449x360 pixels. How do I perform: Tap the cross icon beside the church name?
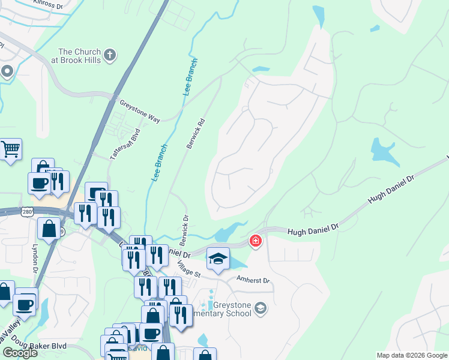pos(109,56)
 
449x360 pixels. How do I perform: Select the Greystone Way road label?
pos(139,111)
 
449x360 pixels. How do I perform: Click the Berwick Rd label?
pos(195,133)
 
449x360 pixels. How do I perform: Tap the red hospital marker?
pos(256,241)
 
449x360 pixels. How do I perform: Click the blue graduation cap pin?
pos(218,259)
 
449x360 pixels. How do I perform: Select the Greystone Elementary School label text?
pos(228,308)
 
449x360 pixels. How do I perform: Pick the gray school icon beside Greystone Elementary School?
pos(260,308)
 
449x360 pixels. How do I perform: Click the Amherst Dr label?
pos(254,280)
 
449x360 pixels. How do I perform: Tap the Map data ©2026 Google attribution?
pos(412,355)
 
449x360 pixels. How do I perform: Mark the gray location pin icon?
pos(7,72)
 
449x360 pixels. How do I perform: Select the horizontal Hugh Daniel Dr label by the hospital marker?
pos(313,230)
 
